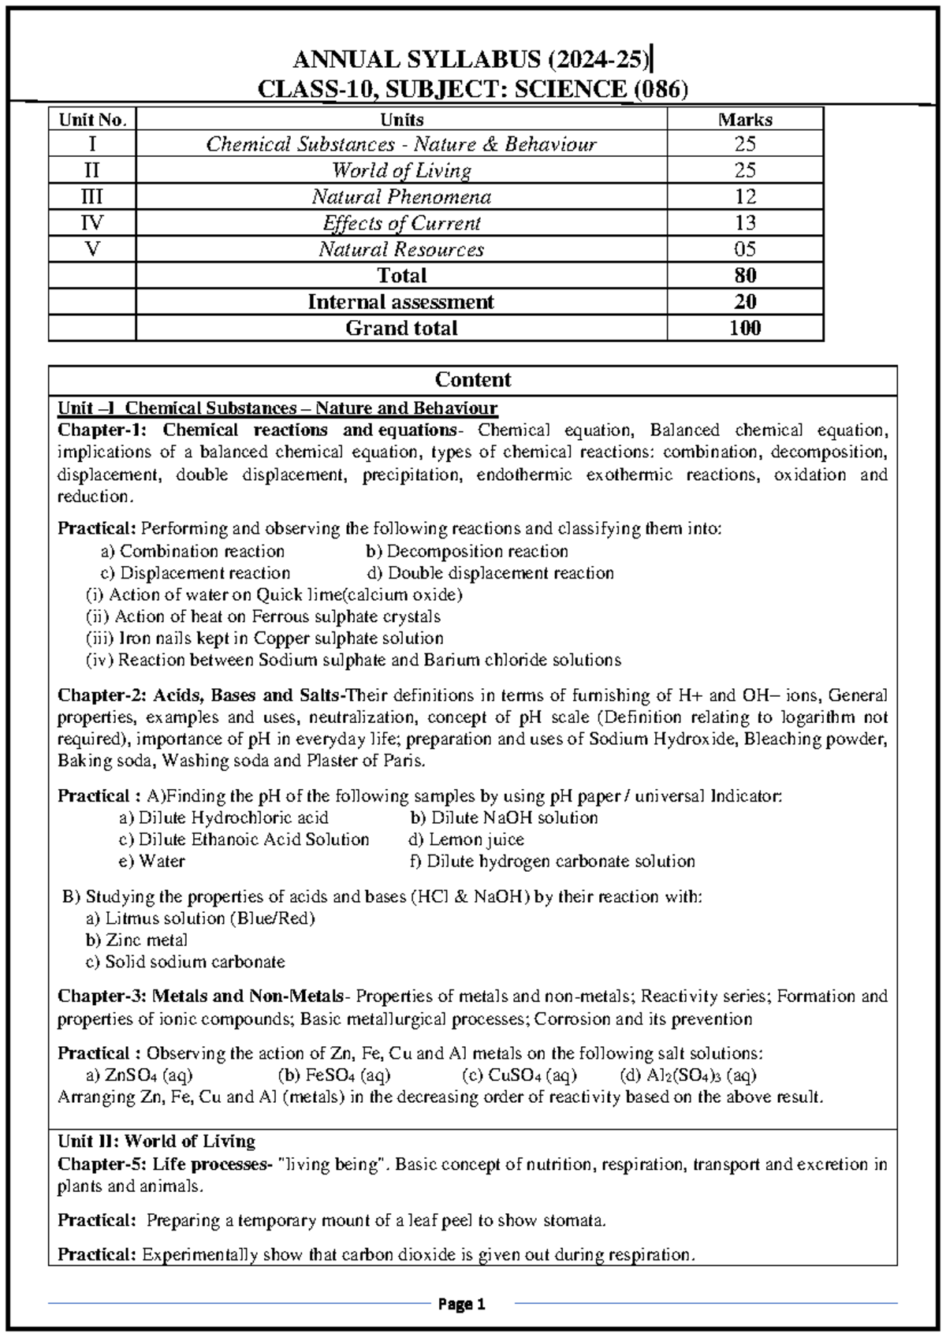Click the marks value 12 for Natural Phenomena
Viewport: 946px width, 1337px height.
744,196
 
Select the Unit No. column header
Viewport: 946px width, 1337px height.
92,120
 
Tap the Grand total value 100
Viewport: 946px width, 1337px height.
744,328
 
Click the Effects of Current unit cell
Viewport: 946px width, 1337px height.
401,223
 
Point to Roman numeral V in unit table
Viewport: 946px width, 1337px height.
92,249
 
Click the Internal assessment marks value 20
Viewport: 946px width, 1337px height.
744,302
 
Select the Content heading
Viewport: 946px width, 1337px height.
472,380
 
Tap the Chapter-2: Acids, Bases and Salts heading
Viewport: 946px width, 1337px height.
200,695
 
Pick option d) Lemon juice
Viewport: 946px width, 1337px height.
467,840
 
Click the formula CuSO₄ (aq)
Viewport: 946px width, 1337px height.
520,1075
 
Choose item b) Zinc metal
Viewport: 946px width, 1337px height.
136,940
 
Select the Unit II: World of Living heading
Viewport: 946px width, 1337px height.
156,1141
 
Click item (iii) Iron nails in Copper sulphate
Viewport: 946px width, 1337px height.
264,639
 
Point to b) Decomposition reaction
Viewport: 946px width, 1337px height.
467,551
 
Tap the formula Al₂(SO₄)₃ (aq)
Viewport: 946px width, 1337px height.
688,1075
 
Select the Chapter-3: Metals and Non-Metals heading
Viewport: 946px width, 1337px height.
201,996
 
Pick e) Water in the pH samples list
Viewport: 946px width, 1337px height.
151,862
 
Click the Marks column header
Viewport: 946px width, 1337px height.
744,120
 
